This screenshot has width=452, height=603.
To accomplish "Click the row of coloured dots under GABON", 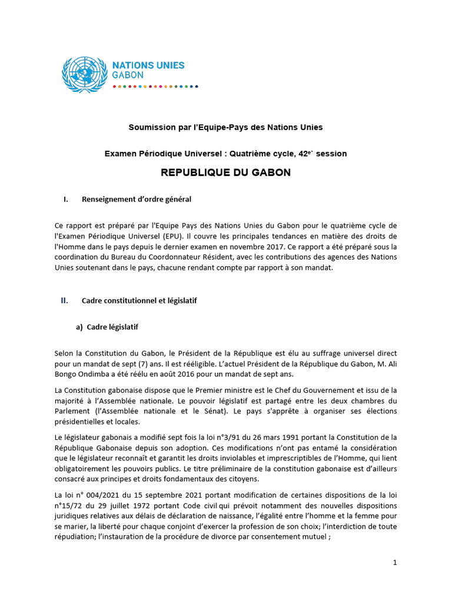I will [155, 86].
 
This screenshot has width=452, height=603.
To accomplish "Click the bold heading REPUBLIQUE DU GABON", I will [225, 173].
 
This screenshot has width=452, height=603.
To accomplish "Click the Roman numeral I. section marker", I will [66, 200].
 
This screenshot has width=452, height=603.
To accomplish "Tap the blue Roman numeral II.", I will [65, 300].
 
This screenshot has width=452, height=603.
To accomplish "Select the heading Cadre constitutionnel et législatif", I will [139, 301].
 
